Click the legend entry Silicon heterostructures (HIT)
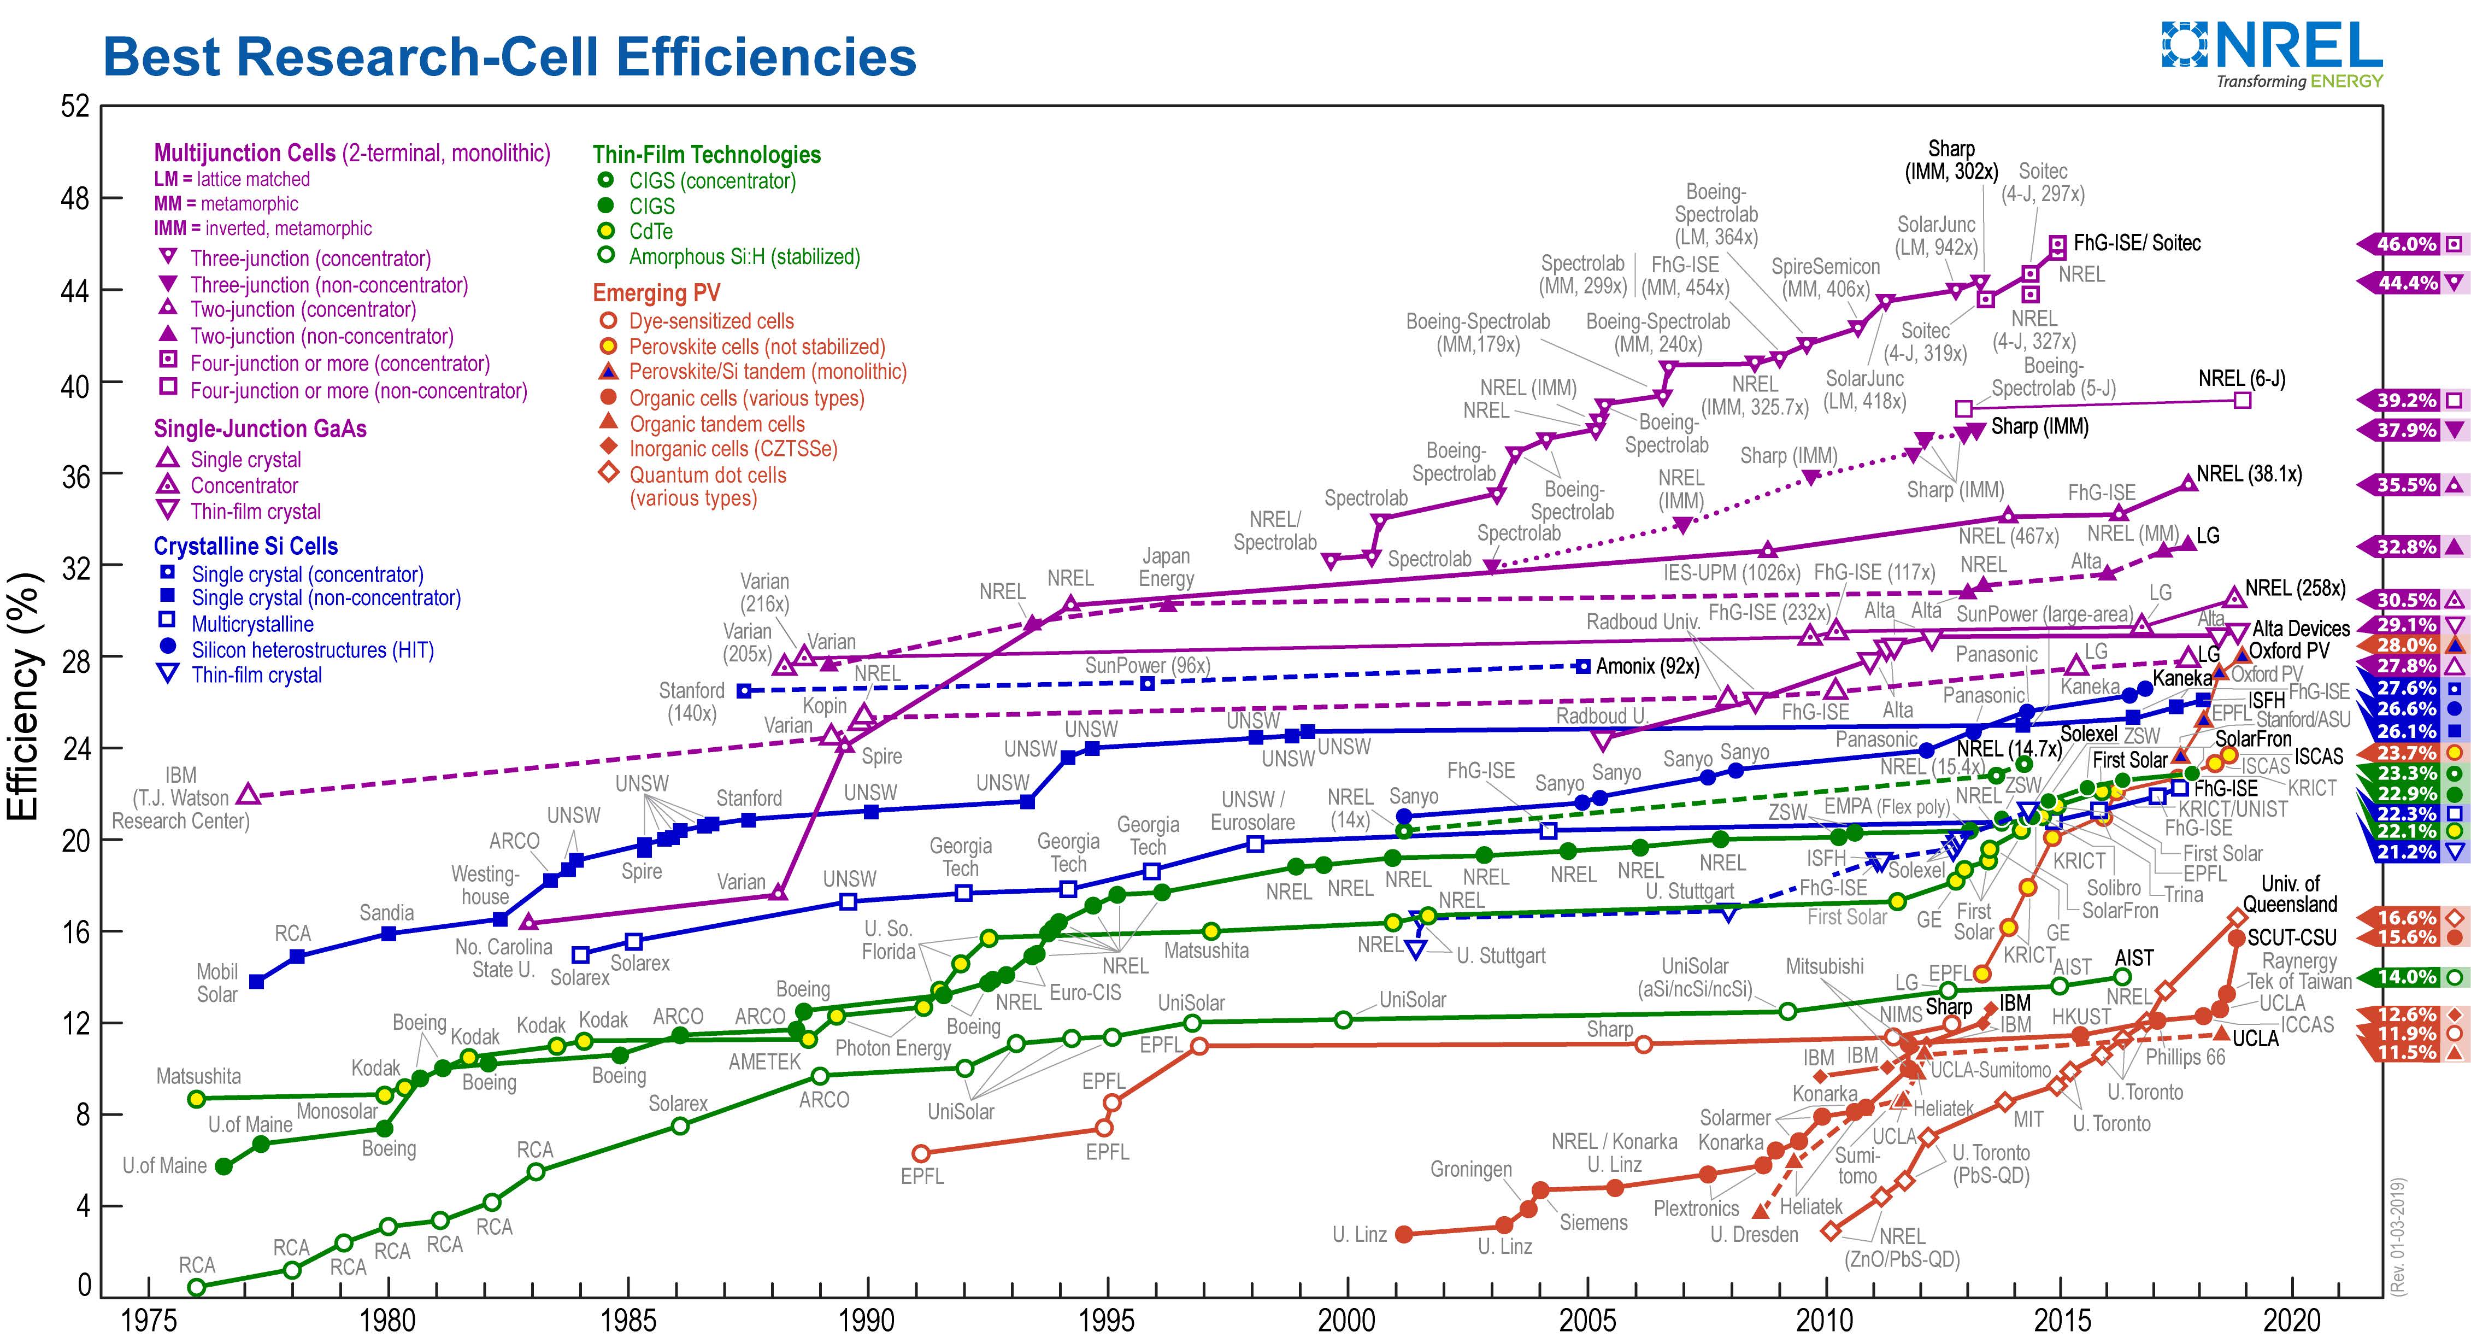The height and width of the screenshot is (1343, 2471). click(x=313, y=649)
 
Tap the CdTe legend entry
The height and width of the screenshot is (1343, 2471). click(x=650, y=231)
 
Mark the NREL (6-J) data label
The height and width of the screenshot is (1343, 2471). click(x=2241, y=379)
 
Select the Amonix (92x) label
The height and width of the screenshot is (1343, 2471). click(x=1647, y=666)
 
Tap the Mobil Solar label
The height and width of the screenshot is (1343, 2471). click(x=217, y=982)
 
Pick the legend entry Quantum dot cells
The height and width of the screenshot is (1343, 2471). click(x=707, y=475)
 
